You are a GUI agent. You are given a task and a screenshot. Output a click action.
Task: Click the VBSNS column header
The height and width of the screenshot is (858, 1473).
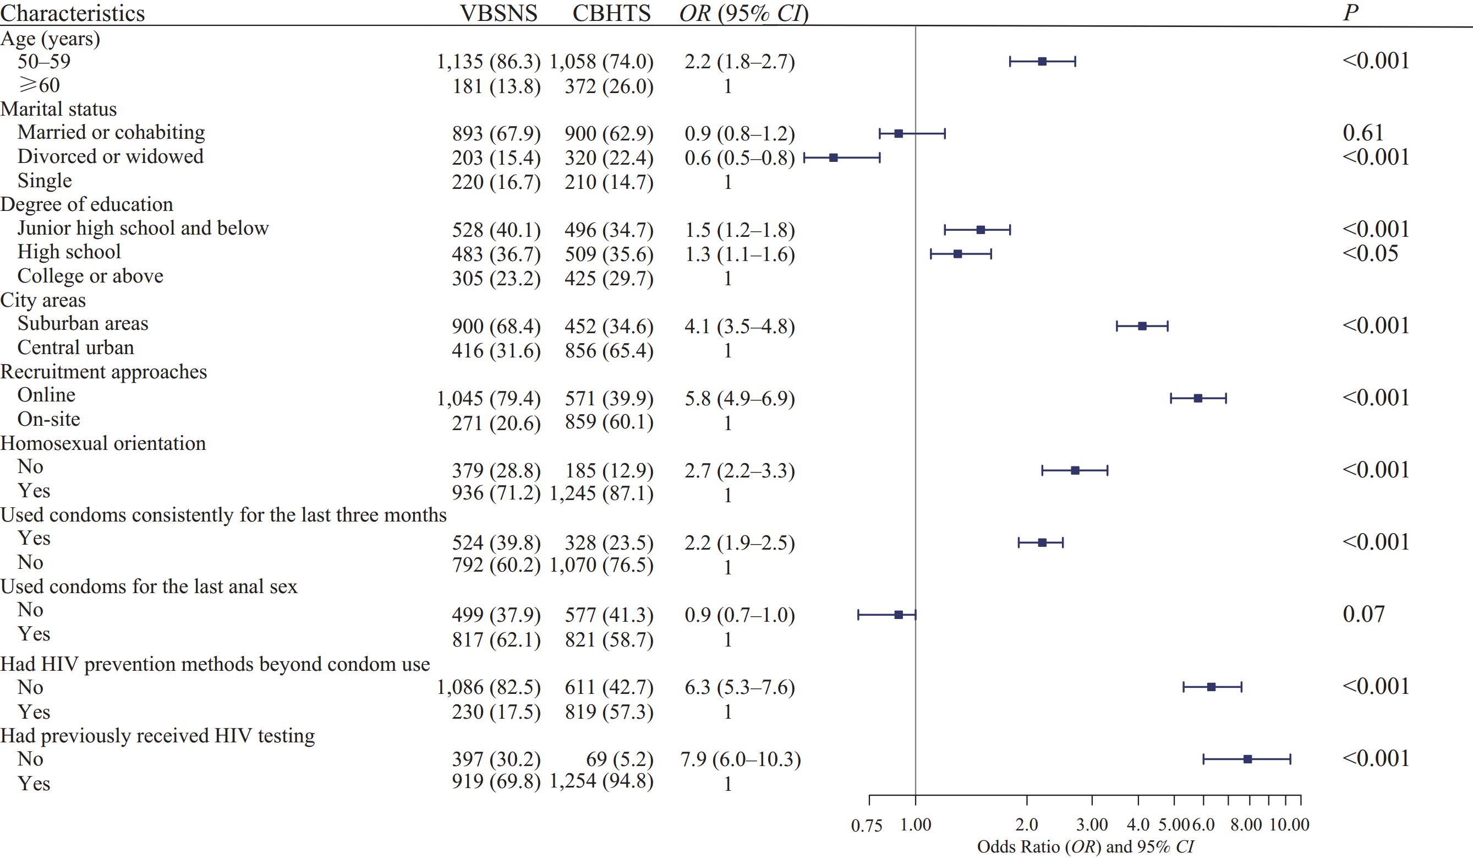click(x=499, y=13)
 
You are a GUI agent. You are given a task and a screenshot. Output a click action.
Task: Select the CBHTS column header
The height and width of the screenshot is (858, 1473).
click(x=611, y=13)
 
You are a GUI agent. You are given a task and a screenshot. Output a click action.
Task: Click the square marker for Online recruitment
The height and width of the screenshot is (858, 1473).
click(x=1198, y=398)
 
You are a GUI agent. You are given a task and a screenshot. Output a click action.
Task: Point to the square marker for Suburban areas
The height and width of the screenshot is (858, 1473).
click(x=1142, y=327)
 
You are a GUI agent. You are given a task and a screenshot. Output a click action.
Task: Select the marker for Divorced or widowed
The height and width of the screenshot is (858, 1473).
click(x=834, y=158)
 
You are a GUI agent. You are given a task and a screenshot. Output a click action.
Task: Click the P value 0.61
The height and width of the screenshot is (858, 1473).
click(x=1363, y=133)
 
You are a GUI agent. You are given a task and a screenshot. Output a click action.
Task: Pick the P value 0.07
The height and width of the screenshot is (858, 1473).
click(x=1364, y=615)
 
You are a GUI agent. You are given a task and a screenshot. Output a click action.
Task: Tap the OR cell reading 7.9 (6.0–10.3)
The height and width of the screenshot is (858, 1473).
click(x=741, y=759)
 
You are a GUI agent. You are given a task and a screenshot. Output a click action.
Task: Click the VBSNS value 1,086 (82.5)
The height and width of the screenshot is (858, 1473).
click(x=489, y=687)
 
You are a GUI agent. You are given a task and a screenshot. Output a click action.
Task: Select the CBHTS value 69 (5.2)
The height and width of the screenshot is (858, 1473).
click(x=619, y=759)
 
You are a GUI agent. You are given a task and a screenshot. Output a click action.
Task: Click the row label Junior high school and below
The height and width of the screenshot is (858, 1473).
click(x=143, y=228)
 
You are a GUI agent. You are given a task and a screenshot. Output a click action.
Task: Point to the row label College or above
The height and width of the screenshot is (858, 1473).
click(x=91, y=276)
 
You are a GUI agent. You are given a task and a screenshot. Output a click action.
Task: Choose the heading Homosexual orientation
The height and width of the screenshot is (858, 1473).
click(x=103, y=443)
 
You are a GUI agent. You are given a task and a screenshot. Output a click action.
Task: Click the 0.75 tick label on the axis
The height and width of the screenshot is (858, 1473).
click(x=866, y=826)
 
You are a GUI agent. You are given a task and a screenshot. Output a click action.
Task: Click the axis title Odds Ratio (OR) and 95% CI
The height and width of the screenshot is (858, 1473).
click(x=1086, y=847)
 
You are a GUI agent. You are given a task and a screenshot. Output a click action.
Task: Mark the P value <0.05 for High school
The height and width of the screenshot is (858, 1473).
click(x=1370, y=254)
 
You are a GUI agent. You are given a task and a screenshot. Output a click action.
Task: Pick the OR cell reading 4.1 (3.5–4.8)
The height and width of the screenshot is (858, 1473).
click(x=740, y=327)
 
